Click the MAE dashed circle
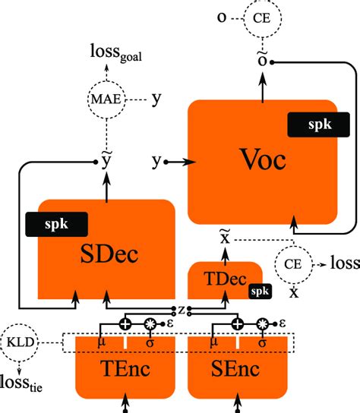(106, 99)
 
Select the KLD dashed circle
(21, 342)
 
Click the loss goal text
(106, 54)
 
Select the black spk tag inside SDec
(57, 224)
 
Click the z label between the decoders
(182, 311)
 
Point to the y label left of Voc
(156, 161)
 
